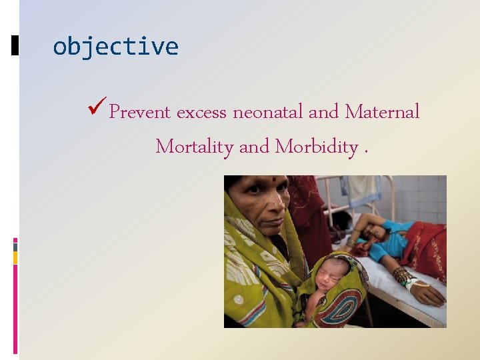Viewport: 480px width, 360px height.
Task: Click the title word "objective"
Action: coord(115,47)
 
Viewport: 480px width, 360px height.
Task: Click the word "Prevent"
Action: coord(140,112)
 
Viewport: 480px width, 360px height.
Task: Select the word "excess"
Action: coord(201,113)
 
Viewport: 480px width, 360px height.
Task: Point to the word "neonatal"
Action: coord(268,112)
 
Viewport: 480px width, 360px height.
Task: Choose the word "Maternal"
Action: coord(382,112)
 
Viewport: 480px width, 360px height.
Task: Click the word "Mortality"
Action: coord(194,147)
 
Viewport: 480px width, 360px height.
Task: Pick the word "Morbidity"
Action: coord(317,147)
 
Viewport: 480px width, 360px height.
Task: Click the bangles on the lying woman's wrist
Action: coord(404,275)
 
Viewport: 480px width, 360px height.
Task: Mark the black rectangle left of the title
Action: coord(15,46)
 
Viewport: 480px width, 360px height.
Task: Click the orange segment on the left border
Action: coord(15,257)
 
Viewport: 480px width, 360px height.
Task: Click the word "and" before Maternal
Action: coord(324,112)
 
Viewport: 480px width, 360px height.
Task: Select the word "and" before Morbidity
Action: coord(253,147)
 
